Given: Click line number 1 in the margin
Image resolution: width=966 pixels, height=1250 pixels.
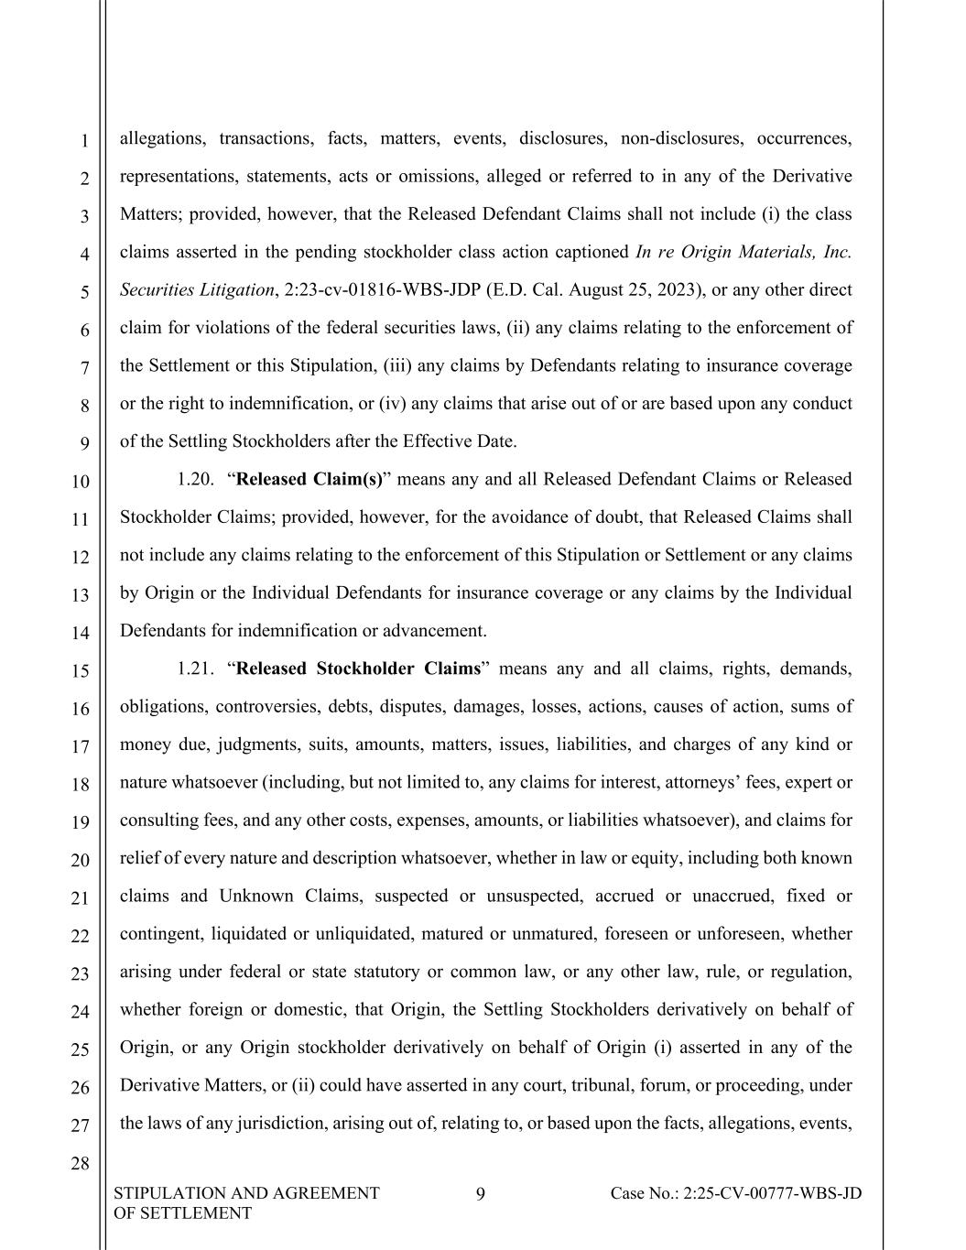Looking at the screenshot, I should coord(83,141).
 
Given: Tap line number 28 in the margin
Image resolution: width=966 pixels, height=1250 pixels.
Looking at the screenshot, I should coord(80,1164).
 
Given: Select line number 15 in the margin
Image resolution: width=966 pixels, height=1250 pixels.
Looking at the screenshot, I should coord(80,670).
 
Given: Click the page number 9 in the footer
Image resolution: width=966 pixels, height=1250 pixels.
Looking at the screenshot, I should coord(481,1193).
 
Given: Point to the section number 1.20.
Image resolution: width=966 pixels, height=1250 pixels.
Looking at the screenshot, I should coord(196,479).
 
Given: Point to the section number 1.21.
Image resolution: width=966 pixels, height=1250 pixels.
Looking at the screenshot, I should coord(196,668).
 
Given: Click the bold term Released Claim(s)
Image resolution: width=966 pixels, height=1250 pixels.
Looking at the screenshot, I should coord(309,479).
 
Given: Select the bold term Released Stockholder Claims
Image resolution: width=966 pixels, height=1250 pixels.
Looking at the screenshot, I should coord(358,668).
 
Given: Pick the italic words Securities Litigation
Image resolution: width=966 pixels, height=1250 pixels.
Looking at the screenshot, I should coord(197,290).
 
